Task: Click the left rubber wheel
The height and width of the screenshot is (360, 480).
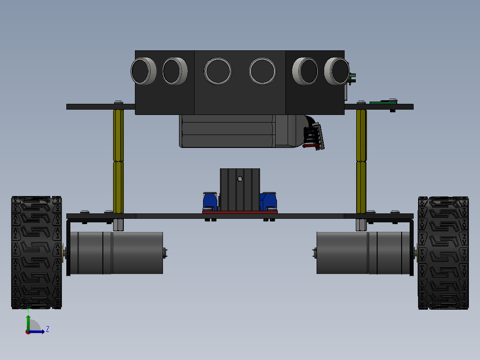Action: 36,252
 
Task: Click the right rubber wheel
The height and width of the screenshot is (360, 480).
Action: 443,253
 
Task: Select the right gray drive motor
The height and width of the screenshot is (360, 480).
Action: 363,253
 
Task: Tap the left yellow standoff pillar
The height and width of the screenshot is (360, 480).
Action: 118,161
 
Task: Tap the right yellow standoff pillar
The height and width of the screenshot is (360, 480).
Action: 361,161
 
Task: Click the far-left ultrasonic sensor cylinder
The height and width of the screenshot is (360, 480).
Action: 143,71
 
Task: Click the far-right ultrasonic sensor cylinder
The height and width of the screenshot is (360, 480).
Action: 336,71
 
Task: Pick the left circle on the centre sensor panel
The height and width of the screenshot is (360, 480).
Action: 218,71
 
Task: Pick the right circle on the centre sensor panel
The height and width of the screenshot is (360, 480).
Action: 263,71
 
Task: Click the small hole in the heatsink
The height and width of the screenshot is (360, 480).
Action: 240,179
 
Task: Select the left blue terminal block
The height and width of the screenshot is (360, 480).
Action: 210,201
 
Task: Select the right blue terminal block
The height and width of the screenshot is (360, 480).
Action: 269,201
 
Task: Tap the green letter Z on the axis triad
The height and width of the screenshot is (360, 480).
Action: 47,329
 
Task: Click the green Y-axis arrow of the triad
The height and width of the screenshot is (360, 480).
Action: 28,322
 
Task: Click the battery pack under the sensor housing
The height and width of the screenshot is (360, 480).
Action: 227,131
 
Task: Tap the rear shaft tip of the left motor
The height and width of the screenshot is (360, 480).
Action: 165,253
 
